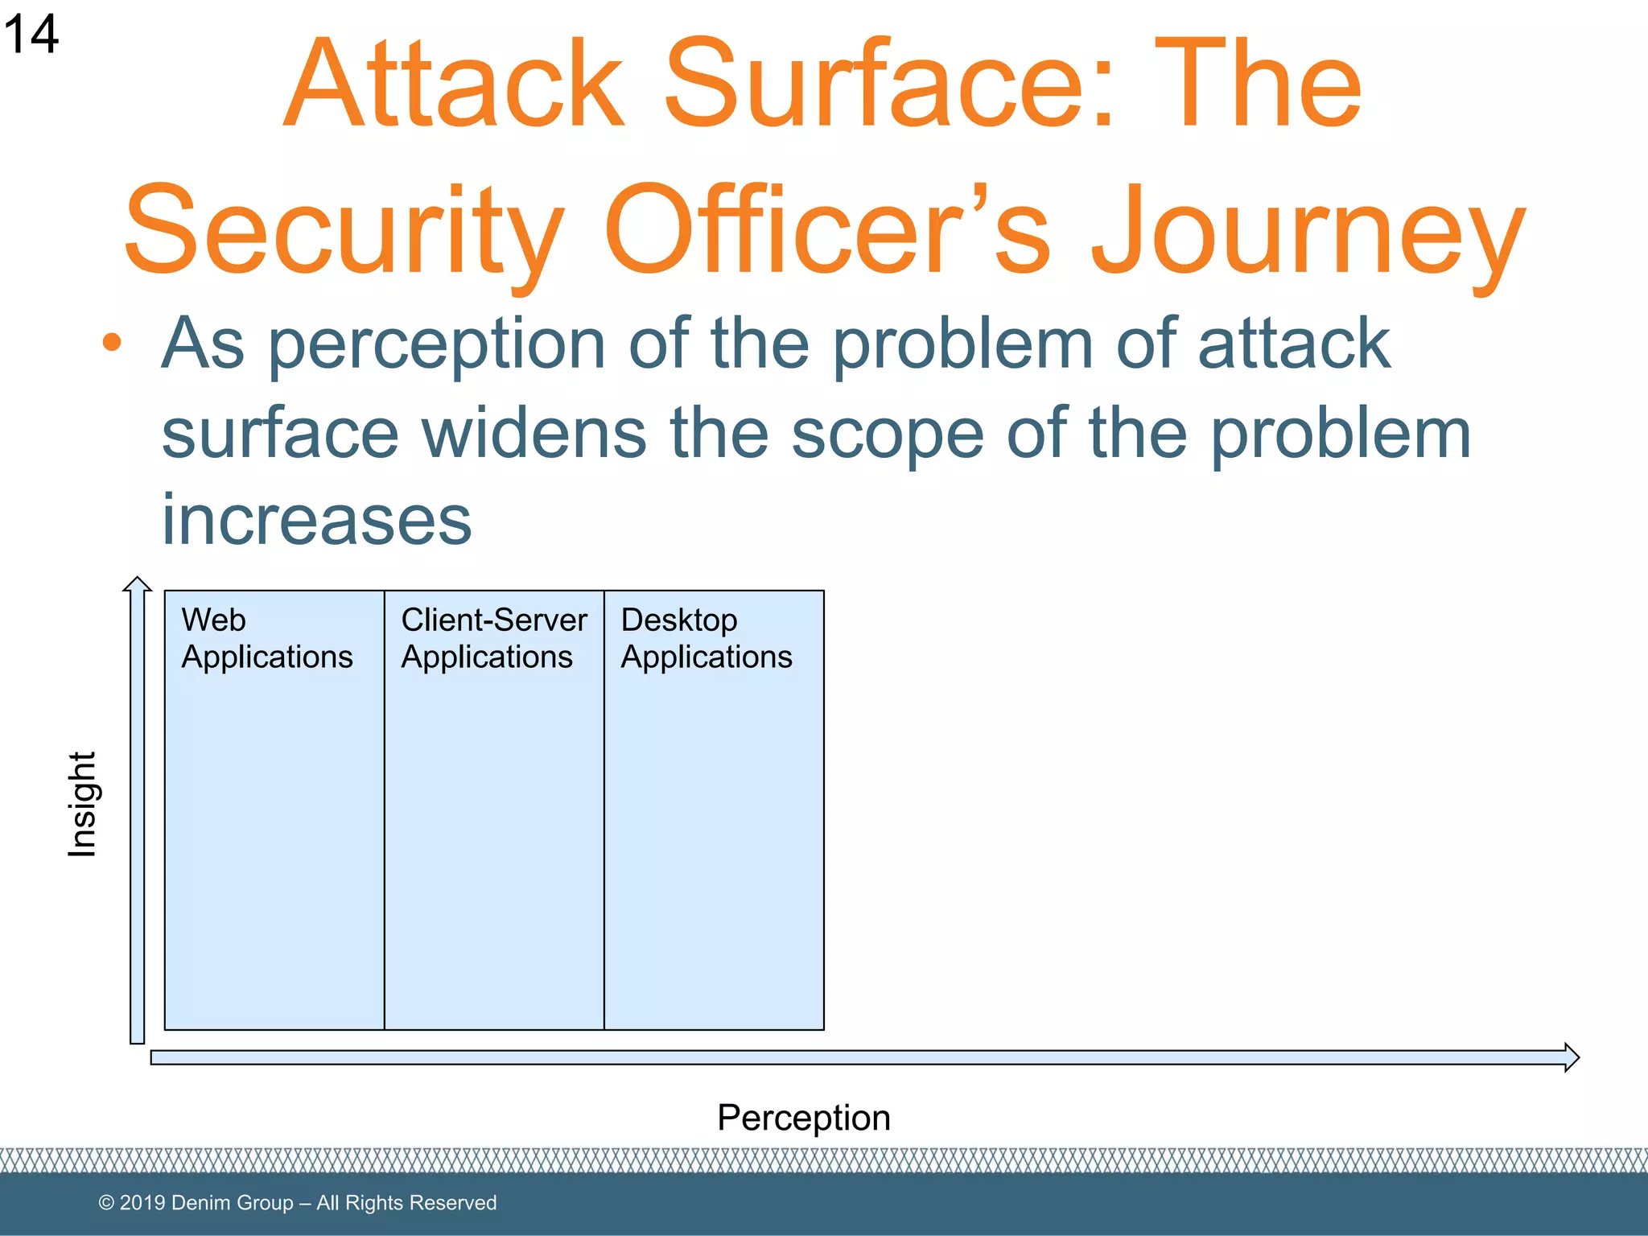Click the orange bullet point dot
tap(112, 343)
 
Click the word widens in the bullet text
tap(534, 435)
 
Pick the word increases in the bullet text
tap(317, 521)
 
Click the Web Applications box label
tap(266, 638)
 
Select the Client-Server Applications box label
tap(493, 638)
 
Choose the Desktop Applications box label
tap(706, 638)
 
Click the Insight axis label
tap(82, 805)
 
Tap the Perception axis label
tap(803, 1118)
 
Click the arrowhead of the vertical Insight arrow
tap(138, 584)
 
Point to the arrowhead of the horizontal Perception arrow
tap(1571, 1057)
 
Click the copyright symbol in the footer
tap(106, 1203)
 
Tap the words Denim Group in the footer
tap(232, 1203)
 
